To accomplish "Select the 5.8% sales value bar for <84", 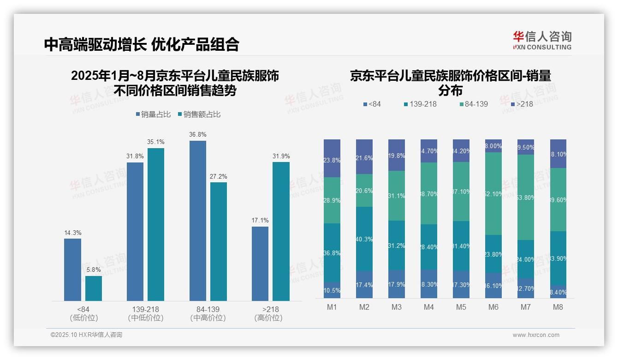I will tap(94, 288).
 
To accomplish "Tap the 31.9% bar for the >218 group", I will tap(281, 231).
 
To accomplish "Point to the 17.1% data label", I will tap(260, 221).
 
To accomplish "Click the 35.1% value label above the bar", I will tap(156, 142).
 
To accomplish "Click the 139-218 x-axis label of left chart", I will tap(146, 309).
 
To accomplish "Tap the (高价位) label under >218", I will tap(268, 318).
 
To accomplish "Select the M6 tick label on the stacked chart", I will tap(493, 307).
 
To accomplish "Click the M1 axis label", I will tap(332, 307).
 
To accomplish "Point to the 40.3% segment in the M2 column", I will tap(364, 239).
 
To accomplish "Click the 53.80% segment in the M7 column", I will tap(525, 197).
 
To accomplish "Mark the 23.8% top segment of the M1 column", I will tap(332, 158).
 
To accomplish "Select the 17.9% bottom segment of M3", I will tap(397, 284).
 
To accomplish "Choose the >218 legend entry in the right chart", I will tap(522, 104).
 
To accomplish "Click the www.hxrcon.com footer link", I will tap(536, 335).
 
